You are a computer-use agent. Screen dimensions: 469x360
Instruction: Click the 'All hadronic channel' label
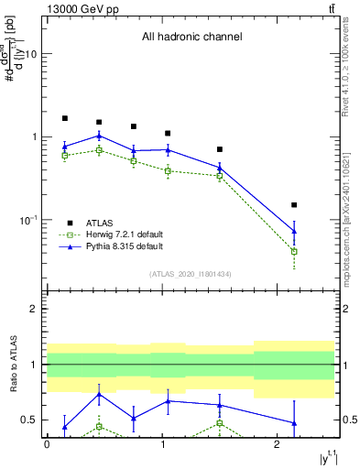click(191, 38)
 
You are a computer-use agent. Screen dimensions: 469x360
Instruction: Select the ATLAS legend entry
click(101, 222)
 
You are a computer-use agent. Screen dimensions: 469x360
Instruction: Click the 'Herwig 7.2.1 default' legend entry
click(124, 234)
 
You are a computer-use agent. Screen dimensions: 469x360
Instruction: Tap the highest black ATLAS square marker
click(64, 118)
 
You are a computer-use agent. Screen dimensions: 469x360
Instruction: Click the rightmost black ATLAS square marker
click(294, 205)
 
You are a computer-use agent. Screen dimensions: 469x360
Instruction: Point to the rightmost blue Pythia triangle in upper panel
click(294, 231)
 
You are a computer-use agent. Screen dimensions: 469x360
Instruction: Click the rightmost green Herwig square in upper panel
click(294, 251)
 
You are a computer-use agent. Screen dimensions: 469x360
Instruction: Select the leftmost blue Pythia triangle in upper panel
click(64, 147)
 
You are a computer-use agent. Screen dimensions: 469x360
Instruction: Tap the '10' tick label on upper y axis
click(30, 54)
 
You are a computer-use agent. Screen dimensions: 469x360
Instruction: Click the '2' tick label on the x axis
click(277, 444)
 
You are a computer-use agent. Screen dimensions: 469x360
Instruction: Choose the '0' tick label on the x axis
click(47, 444)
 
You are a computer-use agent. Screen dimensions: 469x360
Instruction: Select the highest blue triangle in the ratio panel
click(99, 395)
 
